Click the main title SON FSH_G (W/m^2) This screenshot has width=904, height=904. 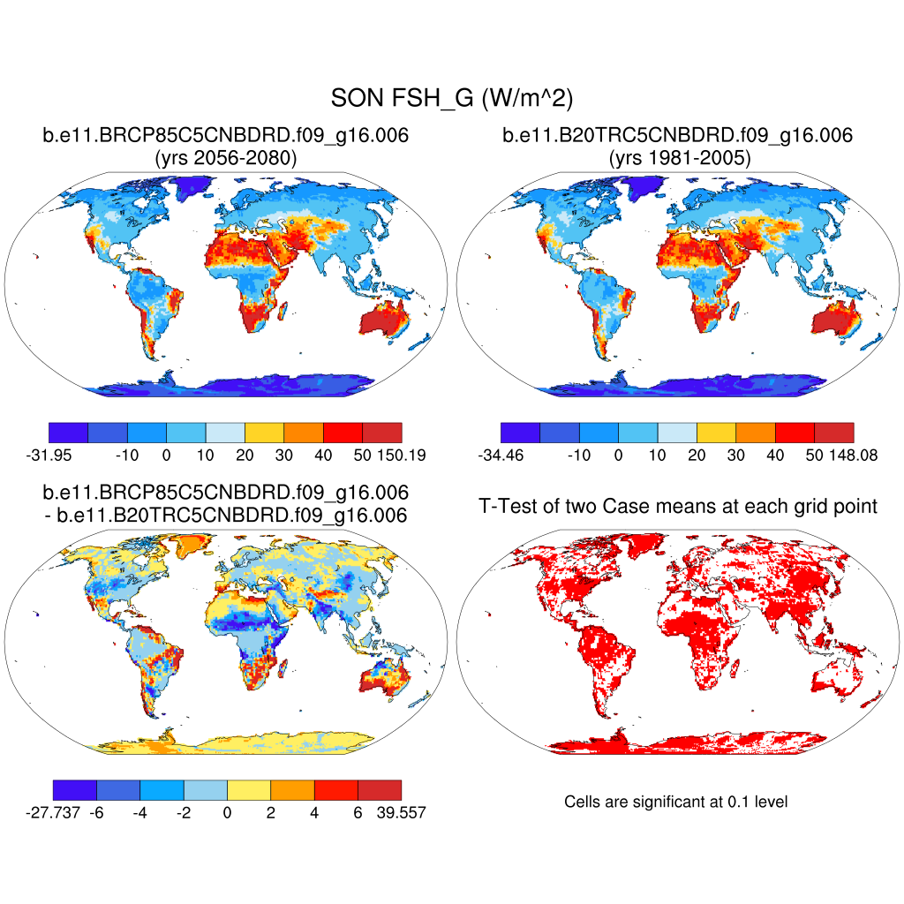tap(451, 98)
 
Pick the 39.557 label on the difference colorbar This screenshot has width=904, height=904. tap(401, 812)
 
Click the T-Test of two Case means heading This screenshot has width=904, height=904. tap(677, 506)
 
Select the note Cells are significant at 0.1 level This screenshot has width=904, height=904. tap(675, 802)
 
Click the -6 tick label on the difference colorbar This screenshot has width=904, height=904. tap(96, 812)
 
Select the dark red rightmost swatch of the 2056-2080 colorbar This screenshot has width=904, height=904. tap(382, 432)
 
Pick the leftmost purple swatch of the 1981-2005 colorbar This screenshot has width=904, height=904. tap(520, 432)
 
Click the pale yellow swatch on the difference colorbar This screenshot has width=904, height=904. tap(249, 789)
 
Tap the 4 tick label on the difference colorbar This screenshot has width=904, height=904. tap(314, 812)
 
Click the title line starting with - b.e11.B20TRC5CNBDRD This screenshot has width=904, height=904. tap(225, 515)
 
